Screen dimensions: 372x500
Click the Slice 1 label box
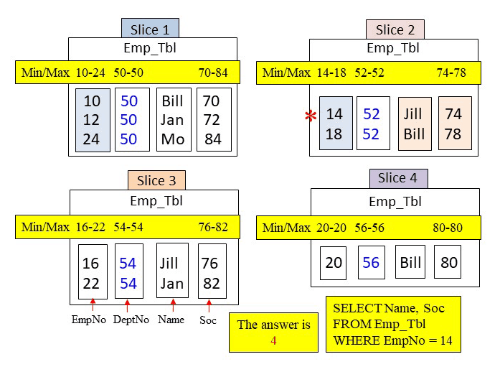150,29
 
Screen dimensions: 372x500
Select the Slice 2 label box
395,29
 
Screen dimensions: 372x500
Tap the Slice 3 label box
156,180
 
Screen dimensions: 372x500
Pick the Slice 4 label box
398,178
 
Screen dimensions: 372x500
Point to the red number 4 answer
273,340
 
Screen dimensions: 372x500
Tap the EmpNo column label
89,320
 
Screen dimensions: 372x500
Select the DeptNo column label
130,320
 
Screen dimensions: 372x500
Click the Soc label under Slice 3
207,320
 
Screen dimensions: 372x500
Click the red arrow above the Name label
171,304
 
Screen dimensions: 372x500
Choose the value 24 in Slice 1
91,139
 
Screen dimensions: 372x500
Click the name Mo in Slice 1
173,139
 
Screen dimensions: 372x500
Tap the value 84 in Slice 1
213,139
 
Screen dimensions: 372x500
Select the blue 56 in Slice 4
371,263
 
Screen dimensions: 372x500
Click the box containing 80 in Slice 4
448,262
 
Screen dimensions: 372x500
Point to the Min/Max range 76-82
213,227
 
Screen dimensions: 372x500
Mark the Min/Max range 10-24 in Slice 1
90,73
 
